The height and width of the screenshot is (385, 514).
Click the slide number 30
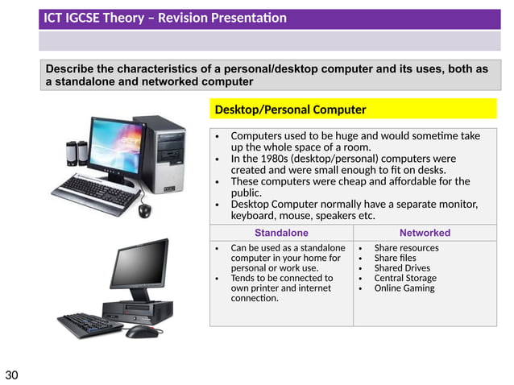point(11,375)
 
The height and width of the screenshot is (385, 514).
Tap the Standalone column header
point(281,233)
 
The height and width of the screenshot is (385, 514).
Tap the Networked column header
point(425,233)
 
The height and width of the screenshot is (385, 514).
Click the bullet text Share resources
point(406,248)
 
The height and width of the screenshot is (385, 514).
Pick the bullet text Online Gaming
point(404,288)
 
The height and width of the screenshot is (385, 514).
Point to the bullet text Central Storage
point(406,278)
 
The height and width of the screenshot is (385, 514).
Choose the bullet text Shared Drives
point(402,268)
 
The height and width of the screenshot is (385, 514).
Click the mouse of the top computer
point(144,210)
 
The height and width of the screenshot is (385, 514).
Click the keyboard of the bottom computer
point(88,325)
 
